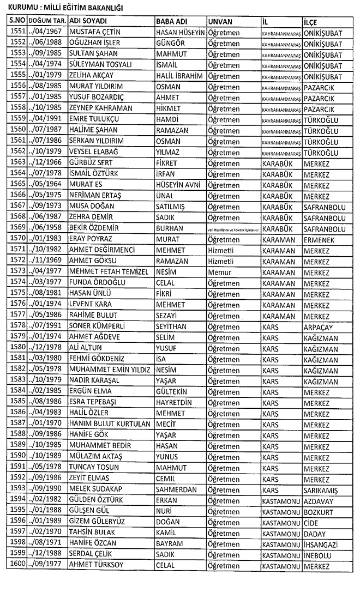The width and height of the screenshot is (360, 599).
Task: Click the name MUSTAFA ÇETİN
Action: [x=94, y=33]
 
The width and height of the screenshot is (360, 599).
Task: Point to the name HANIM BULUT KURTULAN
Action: [x=109, y=423]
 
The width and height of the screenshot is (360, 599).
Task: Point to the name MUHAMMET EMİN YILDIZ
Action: [x=109, y=370]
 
